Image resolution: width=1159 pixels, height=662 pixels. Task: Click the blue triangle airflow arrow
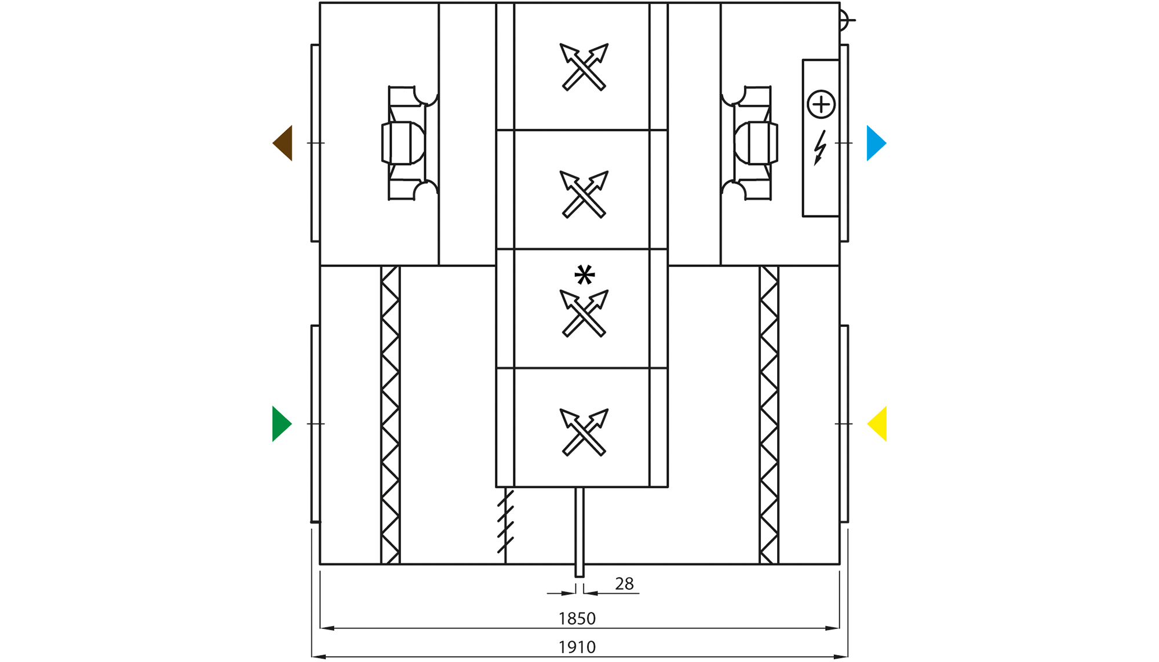(x=874, y=143)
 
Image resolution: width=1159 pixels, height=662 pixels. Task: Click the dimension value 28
(x=624, y=584)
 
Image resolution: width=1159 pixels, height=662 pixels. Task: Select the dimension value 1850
(x=577, y=619)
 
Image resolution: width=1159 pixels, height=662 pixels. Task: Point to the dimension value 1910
(x=577, y=647)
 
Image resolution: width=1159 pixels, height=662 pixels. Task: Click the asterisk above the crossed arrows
(x=584, y=275)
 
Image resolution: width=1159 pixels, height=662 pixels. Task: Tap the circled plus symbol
(x=821, y=105)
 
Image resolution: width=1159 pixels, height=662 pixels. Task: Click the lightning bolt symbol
(x=819, y=148)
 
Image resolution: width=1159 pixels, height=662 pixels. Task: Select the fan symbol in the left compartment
(x=409, y=143)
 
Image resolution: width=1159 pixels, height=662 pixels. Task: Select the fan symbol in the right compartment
(x=750, y=143)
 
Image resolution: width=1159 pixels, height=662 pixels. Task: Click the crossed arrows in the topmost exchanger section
(x=584, y=67)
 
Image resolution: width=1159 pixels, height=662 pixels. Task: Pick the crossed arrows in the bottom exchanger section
(x=584, y=432)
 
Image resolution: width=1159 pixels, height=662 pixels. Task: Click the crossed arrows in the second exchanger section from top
(x=584, y=194)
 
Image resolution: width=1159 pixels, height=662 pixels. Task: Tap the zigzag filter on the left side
(x=390, y=415)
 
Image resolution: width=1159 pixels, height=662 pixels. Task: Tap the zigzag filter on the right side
(x=769, y=415)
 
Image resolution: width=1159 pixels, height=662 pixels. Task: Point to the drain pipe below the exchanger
(x=579, y=533)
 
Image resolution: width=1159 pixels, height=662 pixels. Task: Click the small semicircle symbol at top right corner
(x=844, y=20)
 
